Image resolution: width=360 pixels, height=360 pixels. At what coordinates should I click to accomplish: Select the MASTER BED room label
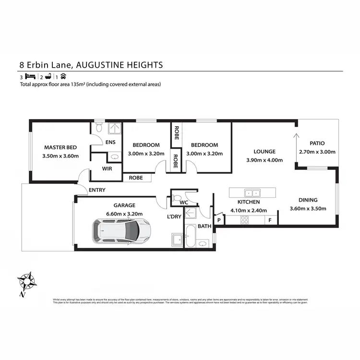[61, 147]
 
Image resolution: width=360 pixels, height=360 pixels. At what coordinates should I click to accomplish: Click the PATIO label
[317, 143]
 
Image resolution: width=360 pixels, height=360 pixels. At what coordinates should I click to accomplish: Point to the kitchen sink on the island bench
[252, 193]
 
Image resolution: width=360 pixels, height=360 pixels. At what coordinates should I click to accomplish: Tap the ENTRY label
[97, 190]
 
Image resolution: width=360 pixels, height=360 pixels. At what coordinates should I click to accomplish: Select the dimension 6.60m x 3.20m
[124, 214]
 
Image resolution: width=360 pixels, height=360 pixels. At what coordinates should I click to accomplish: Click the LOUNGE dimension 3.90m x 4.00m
[264, 160]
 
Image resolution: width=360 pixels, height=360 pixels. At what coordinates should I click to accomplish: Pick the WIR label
[107, 169]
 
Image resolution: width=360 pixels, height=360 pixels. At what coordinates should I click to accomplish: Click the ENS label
[110, 142]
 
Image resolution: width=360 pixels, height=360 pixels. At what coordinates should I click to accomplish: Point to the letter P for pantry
[219, 220]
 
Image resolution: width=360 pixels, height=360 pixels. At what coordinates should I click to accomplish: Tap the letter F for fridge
[270, 220]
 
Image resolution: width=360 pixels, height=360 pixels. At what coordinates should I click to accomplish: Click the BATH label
[204, 226]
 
